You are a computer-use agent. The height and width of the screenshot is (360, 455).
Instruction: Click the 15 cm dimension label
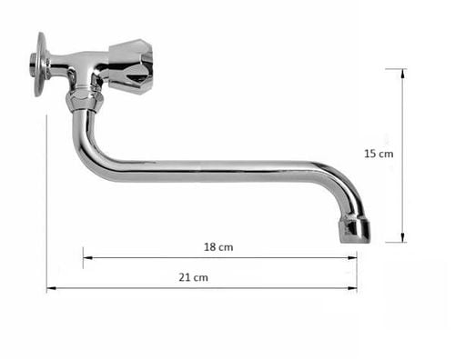379,154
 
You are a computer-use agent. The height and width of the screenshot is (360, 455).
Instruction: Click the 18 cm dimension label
218,247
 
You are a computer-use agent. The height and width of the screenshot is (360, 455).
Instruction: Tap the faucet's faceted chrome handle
130,65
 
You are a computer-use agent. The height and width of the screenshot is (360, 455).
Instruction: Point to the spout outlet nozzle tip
355,229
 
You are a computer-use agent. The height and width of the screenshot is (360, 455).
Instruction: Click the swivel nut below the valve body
83,97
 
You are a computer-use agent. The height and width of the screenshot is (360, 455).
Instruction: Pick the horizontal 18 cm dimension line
273,257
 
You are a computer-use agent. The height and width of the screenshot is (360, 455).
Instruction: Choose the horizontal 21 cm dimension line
273,288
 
